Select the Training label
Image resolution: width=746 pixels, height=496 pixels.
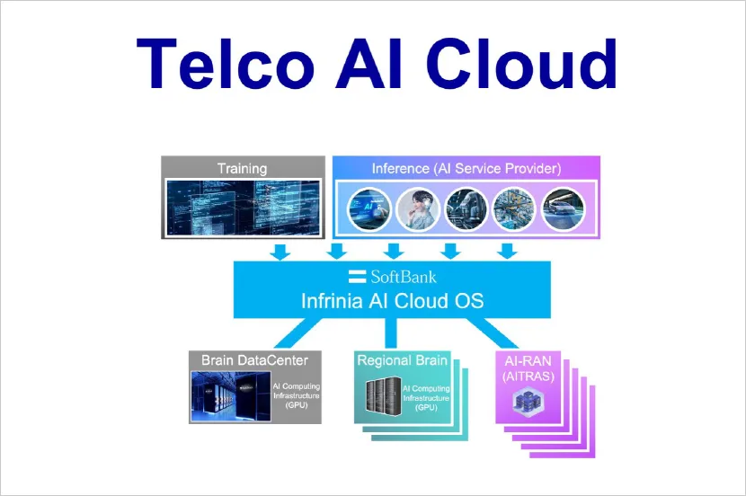click(x=243, y=168)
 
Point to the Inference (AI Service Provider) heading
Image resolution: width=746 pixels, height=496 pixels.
click(x=466, y=168)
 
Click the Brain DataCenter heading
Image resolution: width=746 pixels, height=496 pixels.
click(x=254, y=360)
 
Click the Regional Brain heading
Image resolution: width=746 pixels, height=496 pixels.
click(x=402, y=360)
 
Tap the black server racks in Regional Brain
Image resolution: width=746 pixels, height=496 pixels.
click(x=382, y=396)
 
